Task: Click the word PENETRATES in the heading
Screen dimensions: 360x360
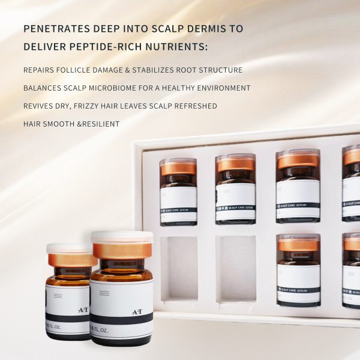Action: coord(53,29)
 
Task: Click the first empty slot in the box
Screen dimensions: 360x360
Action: coord(179,267)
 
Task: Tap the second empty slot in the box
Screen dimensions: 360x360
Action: coord(235,267)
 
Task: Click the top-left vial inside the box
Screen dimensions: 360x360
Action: coord(178,191)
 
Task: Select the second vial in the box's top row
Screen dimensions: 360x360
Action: coord(235,188)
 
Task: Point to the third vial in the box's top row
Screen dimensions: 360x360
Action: coord(298,186)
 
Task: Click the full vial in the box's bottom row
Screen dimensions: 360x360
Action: coord(298,270)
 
